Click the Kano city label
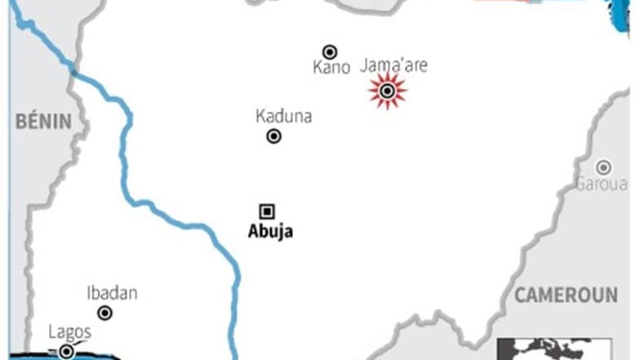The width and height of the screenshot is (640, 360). tap(331, 68)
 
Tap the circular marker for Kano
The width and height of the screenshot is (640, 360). tap(330, 51)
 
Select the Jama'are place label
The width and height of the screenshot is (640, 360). tap(393, 66)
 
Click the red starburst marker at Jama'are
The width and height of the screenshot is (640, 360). tap(387, 91)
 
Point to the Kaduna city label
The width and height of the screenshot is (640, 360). tap(283, 117)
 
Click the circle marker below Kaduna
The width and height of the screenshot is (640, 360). tap(274, 136)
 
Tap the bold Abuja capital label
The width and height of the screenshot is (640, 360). tap(270, 232)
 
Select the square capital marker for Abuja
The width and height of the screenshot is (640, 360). tap(267, 211)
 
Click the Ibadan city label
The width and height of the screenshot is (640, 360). tap(112, 293)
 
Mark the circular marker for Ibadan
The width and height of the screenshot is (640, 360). tap(105, 313)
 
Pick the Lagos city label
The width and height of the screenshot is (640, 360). tap(69, 332)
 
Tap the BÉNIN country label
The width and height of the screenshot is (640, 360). tap(43, 122)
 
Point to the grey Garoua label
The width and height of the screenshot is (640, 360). tap(602, 184)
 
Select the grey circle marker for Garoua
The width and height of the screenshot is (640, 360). tap(603, 167)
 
